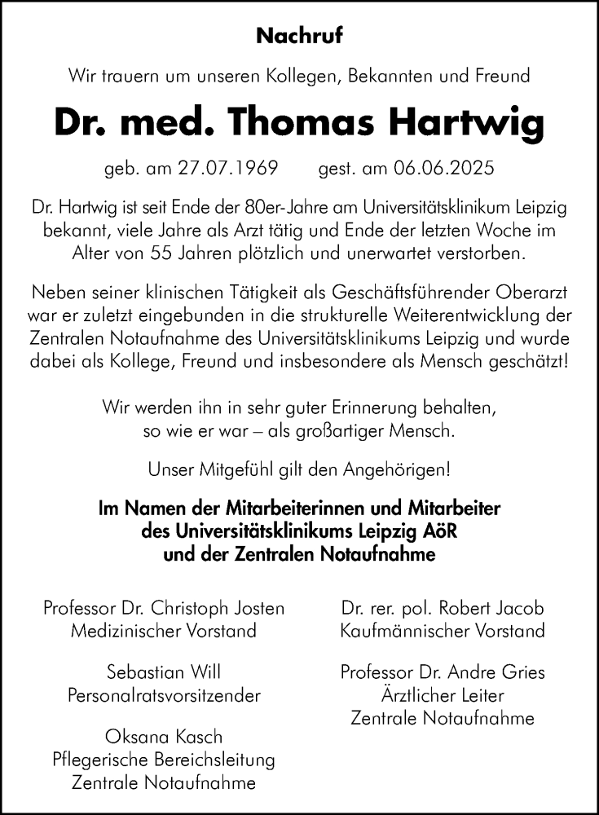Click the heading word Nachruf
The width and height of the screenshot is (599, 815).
pyautogui.click(x=299, y=36)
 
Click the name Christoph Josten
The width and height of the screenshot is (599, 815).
pyautogui.click(x=220, y=608)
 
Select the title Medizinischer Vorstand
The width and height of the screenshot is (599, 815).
pyautogui.click(x=164, y=630)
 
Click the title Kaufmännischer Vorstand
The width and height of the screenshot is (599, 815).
pyautogui.click(x=442, y=630)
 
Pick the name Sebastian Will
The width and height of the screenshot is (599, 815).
pyautogui.click(x=164, y=673)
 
